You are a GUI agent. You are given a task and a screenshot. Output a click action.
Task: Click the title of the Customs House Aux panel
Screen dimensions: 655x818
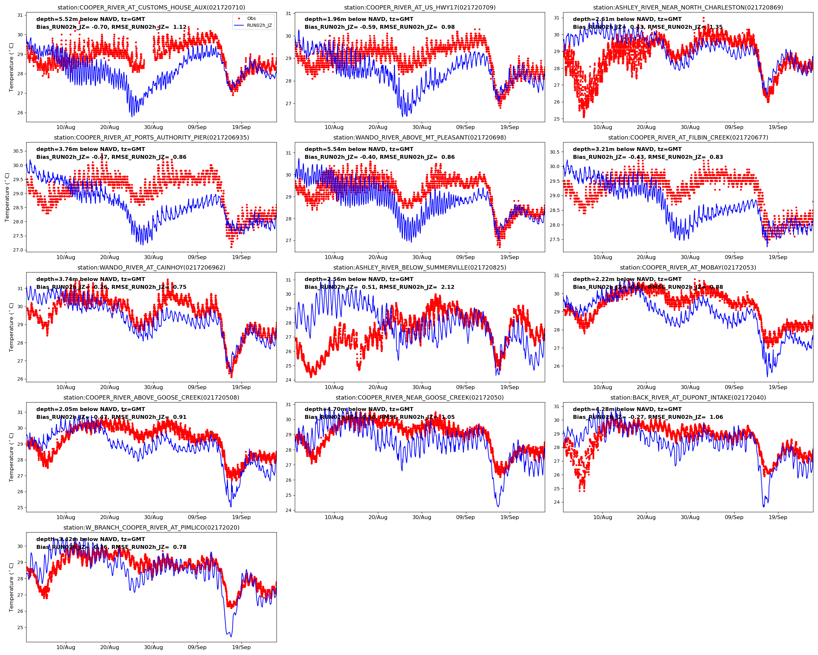coord(151,8)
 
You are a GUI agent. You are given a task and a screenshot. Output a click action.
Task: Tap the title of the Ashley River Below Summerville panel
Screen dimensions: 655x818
coord(419,267)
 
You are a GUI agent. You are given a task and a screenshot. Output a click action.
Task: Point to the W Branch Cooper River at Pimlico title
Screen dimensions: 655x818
coord(151,527)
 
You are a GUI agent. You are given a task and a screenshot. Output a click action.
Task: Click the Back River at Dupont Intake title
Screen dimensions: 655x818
coord(688,398)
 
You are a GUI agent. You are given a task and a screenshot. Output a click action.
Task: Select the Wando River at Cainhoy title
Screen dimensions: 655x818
coord(151,267)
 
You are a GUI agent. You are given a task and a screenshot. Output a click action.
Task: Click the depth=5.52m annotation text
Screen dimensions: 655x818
coord(91,19)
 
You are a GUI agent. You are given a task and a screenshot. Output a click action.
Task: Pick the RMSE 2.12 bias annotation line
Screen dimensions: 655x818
coord(380,287)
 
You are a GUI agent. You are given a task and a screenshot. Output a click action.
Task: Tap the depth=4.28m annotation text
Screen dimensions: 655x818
coord(627,409)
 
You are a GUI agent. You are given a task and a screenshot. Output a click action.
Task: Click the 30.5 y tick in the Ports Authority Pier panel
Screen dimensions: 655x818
coord(18,151)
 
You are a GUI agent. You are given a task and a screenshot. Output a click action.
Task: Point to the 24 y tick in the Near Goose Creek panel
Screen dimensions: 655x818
coord(288,510)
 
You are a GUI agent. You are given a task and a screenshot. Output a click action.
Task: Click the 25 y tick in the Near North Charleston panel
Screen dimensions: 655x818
coord(557,119)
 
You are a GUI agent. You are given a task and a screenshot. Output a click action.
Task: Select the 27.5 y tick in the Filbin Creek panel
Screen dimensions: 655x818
coord(554,240)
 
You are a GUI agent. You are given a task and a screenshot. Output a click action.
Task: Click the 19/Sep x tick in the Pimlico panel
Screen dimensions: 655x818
coord(241,647)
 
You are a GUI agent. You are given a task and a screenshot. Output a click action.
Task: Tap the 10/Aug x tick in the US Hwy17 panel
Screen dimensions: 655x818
coord(334,127)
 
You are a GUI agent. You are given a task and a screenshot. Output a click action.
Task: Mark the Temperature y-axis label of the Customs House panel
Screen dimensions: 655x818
coord(11,67)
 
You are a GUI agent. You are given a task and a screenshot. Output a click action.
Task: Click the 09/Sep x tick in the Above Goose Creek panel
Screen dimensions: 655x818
coord(197,517)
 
